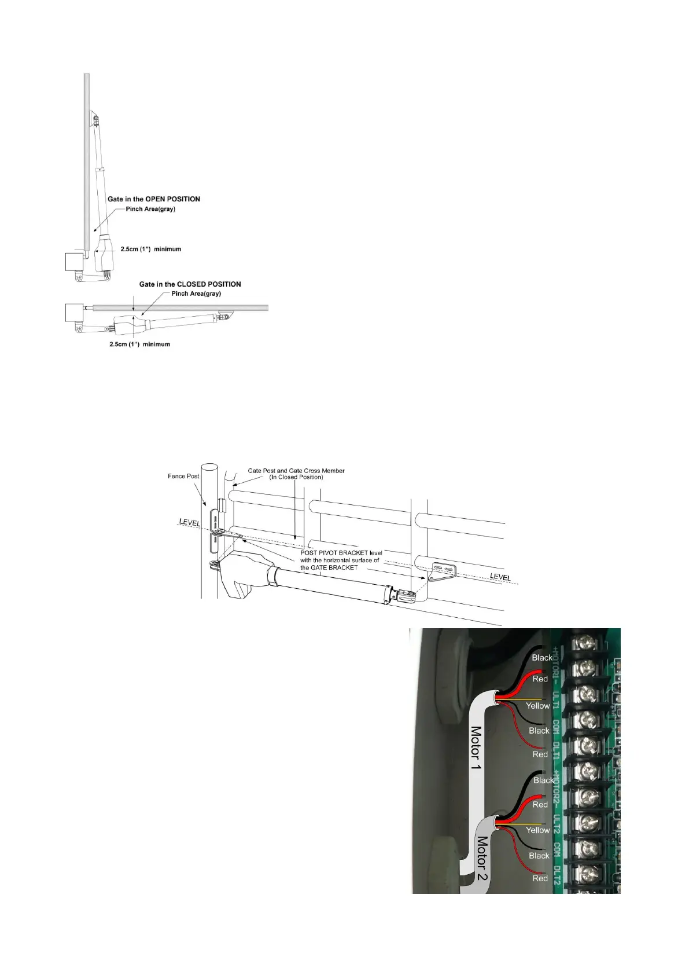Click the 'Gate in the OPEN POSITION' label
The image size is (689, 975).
point(154,199)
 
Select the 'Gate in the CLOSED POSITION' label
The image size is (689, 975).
point(190,284)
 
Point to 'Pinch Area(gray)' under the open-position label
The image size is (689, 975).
point(150,209)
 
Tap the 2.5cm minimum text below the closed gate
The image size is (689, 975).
point(139,344)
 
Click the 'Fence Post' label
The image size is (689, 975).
point(183,476)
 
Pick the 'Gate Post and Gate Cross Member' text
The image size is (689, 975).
point(296,471)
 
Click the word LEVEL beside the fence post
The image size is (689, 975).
point(190,522)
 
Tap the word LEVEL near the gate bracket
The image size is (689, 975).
point(500,577)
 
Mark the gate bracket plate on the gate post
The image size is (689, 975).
point(442,570)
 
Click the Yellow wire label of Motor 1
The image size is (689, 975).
point(537,706)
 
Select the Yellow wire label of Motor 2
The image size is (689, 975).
point(537,830)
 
